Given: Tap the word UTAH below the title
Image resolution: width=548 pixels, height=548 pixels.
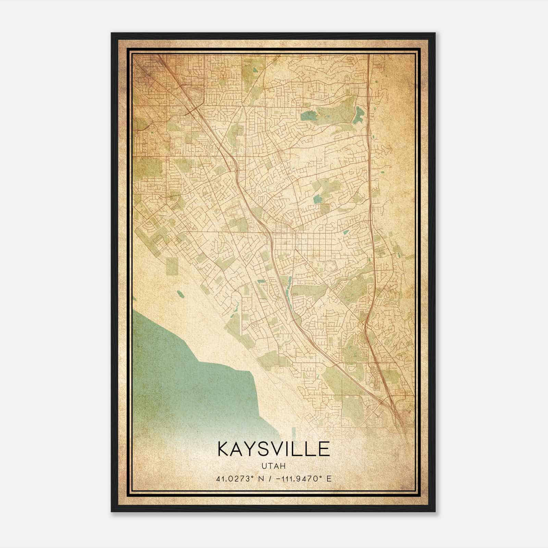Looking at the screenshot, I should point(274,466).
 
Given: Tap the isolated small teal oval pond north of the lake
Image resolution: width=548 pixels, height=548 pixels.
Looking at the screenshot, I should point(180,294).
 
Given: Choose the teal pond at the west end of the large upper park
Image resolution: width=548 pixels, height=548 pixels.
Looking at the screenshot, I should point(307,116).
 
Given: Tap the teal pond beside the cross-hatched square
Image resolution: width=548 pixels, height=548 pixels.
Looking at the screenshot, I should point(317,199).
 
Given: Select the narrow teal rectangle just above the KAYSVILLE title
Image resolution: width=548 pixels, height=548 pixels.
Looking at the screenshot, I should point(294,432).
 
